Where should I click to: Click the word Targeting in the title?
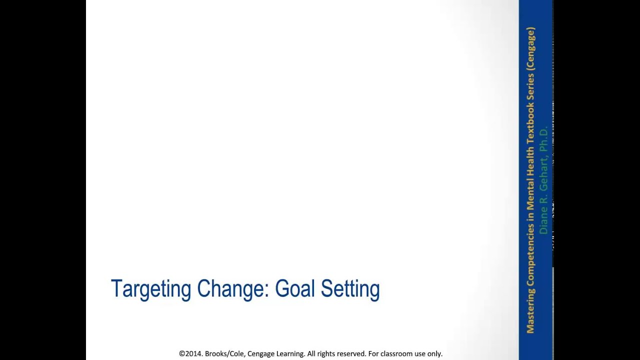click(x=150, y=289)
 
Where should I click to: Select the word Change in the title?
click(x=232, y=288)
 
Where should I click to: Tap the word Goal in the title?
click(x=295, y=288)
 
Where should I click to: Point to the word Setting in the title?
click(x=350, y=289)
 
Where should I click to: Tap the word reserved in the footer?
click(x=350, y=353)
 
